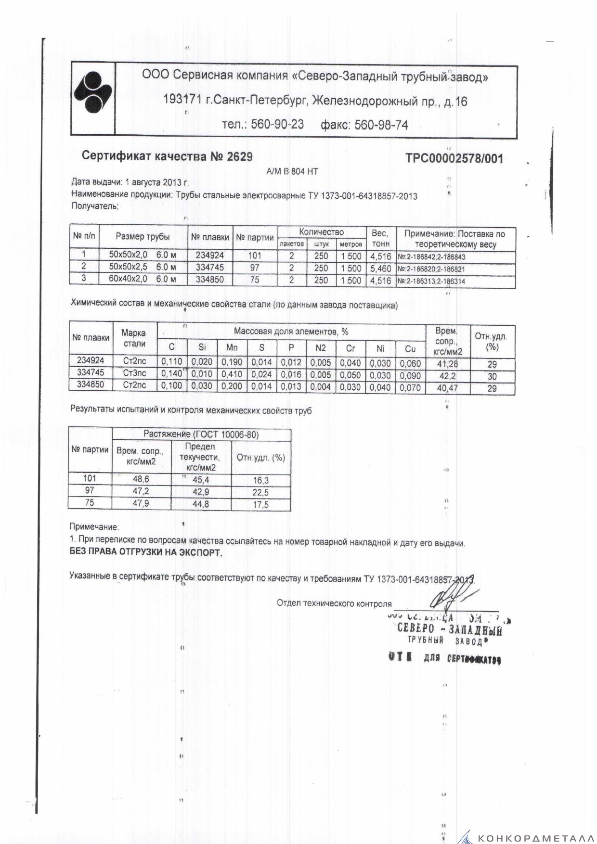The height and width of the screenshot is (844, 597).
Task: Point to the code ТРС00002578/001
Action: tap(454, 158)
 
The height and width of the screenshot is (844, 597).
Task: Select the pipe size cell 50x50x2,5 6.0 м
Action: tap(143, 268)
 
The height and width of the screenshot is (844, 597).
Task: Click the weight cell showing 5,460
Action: tap(380, 269)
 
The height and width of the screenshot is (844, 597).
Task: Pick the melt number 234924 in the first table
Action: tap(210, 256)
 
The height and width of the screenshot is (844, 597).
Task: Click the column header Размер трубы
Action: tap(143, 236)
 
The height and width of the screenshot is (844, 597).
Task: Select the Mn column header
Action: tap(232, 347)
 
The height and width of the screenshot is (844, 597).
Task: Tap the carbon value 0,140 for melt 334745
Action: tap(171, 374)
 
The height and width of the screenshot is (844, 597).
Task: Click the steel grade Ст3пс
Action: tap(134, 373)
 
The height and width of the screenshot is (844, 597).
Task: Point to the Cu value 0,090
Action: tap(410, 375)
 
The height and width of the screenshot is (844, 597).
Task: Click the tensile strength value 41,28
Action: tap(447, 364)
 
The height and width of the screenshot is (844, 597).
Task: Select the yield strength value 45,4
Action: tap(201, 480)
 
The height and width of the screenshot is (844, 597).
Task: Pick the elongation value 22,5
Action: tap(260, 492)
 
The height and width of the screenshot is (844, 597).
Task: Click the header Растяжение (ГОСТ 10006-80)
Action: tap(201, 435)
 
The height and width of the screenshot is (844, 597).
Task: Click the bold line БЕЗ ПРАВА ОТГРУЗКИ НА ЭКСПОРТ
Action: tap(146, 553)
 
